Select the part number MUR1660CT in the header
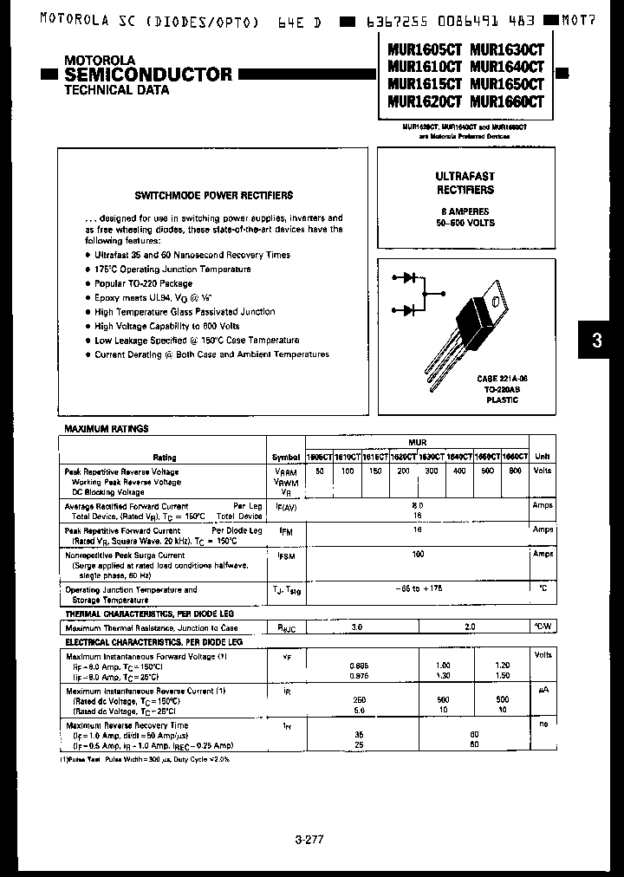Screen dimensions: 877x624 click(x=507, y=101)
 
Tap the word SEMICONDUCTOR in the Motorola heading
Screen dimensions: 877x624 click(x=148, y=75)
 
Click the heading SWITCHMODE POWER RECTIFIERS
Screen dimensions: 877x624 click(x=213, y=196)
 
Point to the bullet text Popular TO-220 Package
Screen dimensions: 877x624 click(x=144, y=283)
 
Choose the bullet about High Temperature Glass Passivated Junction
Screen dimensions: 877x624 click(x=185, y=312)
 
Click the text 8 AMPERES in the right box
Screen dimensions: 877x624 click(x=465, y=211)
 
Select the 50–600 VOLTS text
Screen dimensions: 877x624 click(x=465, y=224)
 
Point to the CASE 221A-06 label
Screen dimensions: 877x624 click(x=497, y=380)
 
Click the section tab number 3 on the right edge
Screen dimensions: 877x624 click(x=596, y=341)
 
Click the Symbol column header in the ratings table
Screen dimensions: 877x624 click(x=286, y=457)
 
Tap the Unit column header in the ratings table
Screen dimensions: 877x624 click(x=543, y=457)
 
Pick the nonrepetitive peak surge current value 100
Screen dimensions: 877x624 click(x=418, y=554)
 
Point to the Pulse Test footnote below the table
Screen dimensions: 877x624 click(x=144, y=759)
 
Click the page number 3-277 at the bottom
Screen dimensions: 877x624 click(x=311, y=839)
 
